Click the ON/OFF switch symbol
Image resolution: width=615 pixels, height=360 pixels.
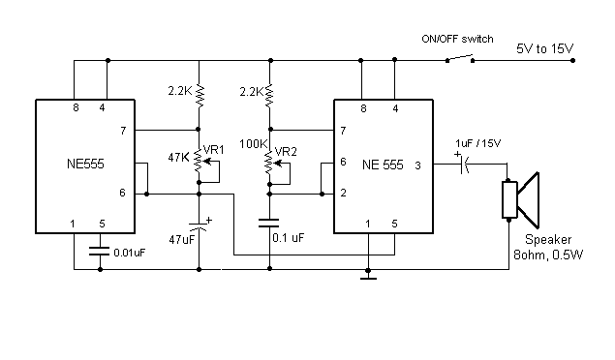point(460,59)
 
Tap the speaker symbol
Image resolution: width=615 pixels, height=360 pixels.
point(521,199)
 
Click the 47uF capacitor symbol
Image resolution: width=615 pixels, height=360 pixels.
point(199,225)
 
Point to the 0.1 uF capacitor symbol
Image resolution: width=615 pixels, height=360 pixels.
point(269,223)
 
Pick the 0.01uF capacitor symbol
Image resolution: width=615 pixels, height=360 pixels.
point(100,251)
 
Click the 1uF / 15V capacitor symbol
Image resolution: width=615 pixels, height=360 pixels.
point(463,164)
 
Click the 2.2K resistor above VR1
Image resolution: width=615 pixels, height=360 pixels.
point(200,96)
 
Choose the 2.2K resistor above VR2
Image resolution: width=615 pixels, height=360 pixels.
point(269,96)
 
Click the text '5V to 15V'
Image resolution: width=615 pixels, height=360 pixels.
point(545,49)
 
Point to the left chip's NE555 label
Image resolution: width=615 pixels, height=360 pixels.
point(85,164)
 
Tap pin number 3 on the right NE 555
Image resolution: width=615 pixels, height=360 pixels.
point(417,165)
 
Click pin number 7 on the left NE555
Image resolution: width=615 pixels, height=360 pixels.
point(123,131)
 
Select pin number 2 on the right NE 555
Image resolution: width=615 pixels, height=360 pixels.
point(343,193)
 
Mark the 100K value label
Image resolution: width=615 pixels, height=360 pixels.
point(254,144)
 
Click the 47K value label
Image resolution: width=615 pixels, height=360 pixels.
point(179,158)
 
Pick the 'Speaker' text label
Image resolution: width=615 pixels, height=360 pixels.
point(548,239)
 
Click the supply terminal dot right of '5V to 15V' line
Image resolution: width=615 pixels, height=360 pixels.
point(572,60)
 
